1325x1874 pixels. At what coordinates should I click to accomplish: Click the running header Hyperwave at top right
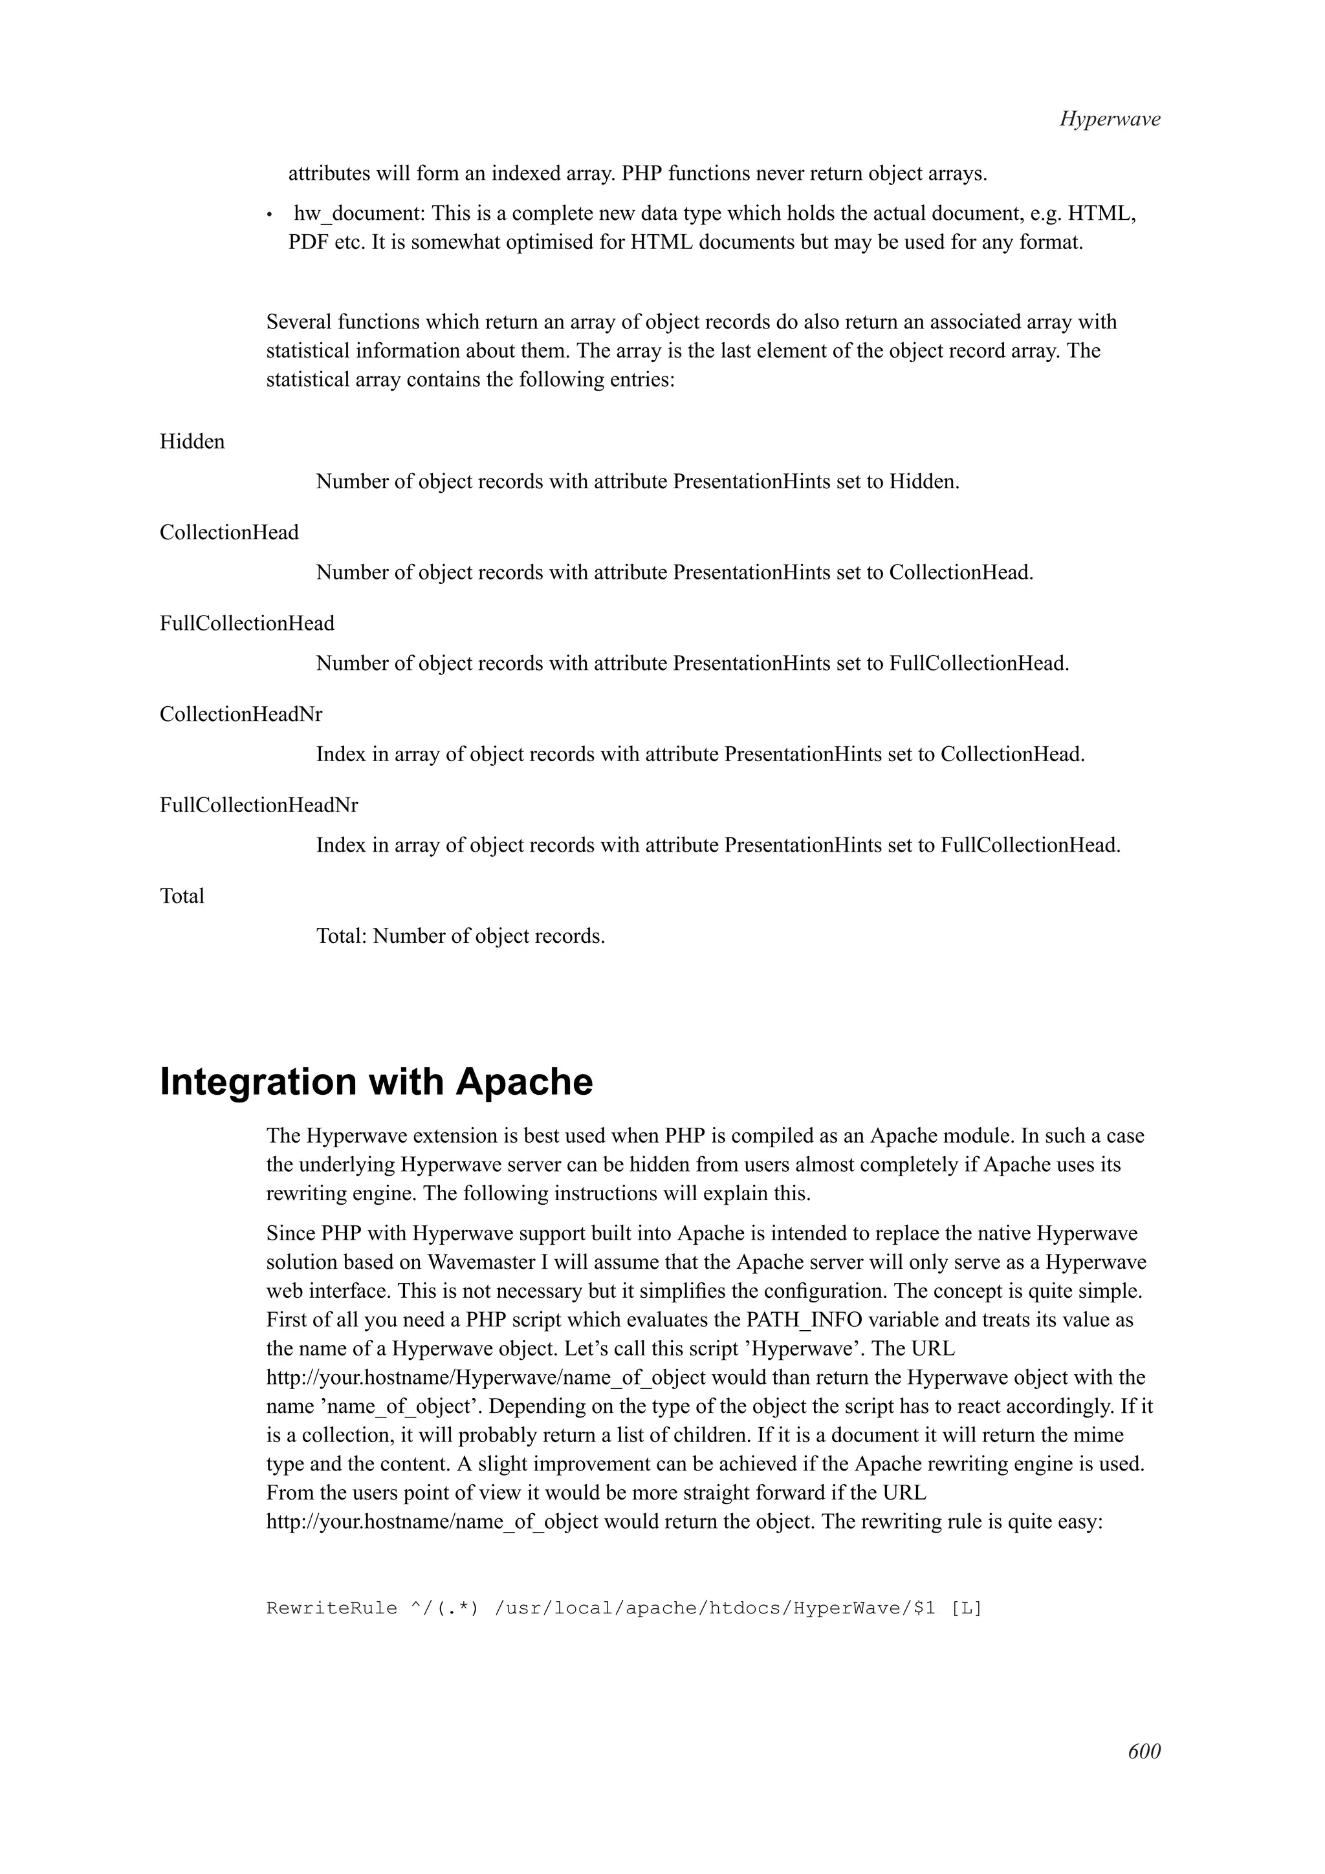point(1110,119)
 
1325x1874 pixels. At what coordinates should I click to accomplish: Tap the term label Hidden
point(192,442)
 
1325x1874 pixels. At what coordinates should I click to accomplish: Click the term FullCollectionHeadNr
point(259,805)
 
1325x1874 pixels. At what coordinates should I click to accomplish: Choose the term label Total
point(182,896)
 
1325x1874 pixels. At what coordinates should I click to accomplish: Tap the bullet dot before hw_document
point(269,215)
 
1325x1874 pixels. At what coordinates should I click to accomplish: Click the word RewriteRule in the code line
point(331,1608)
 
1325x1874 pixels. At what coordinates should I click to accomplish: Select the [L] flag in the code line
point(967,1608)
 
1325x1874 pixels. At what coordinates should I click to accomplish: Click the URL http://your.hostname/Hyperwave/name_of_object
point(486,1378)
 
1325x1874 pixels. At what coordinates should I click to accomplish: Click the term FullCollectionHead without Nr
point(246,623)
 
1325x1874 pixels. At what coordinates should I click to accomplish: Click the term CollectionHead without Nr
point(228,532)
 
